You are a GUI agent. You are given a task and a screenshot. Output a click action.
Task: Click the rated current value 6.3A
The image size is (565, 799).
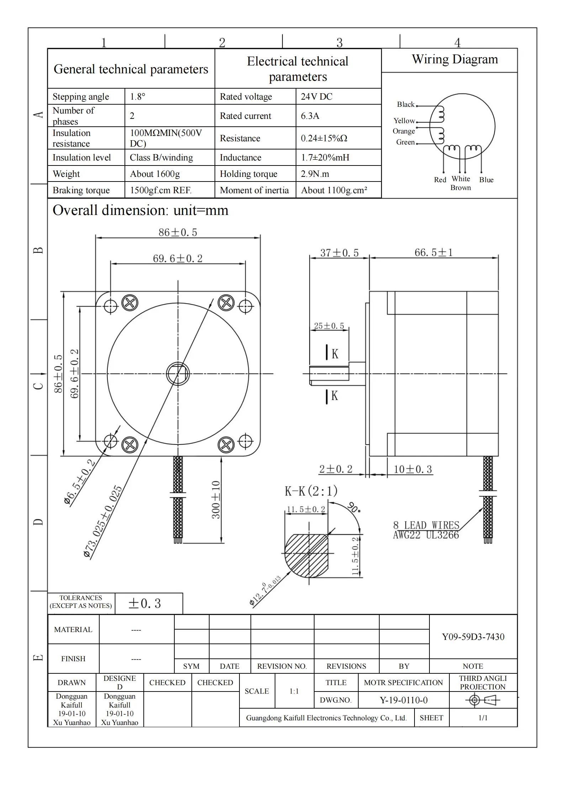pyautogui.click(x=310, y=116)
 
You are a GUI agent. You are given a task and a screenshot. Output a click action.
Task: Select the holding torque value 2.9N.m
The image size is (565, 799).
pyautogui.click(x=315, y=174)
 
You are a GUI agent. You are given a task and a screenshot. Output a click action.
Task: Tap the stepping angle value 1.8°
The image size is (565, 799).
pyautogui.click(x=137, y=97)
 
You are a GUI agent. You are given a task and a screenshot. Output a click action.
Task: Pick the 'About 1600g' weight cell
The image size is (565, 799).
pyautogui.click(x=155, y=174)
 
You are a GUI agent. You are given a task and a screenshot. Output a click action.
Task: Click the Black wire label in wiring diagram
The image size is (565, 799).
pyautogui.click(x=406, y=105)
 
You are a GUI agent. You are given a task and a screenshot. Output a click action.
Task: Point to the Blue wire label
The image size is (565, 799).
pyautogui.click(x=486, y=180)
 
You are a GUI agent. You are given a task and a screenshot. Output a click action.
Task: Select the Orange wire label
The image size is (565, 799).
pyautogui.click(x=403, y=131)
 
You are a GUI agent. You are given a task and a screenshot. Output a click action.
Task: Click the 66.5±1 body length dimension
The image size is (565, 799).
pyautogui.click(x=433, y=253)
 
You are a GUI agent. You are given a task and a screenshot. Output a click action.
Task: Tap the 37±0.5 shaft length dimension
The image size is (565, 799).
pyautogui.click(x=339, y=253)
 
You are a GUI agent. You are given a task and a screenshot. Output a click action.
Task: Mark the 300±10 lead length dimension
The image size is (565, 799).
pyautogui.click(x=216, y=500)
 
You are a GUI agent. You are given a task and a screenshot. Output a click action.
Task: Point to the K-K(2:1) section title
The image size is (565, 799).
pyautogui.click(x=311, y=491)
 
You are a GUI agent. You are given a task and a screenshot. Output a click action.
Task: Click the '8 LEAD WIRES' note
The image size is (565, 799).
pyautogui.click(x=426, y=525)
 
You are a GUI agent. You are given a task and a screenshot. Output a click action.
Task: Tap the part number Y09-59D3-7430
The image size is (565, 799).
pyautogui.click(x=473, y=637)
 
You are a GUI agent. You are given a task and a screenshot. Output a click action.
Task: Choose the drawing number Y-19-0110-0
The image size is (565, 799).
pyautogui.click(x=403, y=700)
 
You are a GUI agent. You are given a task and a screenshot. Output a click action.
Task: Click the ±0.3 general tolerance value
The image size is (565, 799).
pyautogui.click(x=144, y=604)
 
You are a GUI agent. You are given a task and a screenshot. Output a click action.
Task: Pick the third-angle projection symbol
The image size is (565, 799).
pyautogui.click(x=482, y=700)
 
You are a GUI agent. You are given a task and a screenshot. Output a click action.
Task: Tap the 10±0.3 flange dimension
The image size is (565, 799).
pyautogui.click(x=412, y=469)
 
